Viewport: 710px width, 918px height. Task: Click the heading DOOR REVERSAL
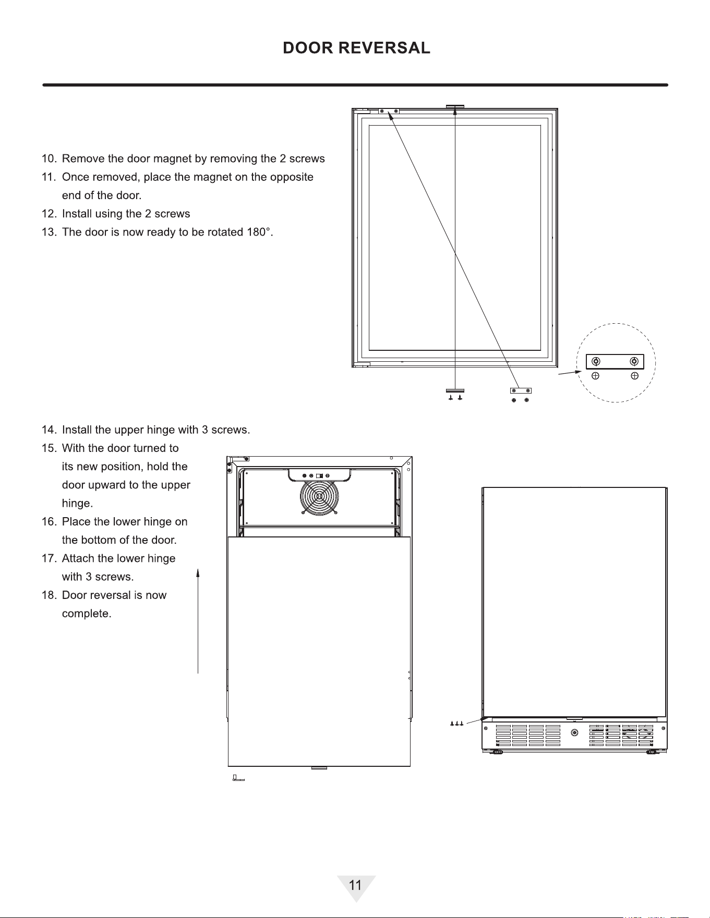click(356, 48)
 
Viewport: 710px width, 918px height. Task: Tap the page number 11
click(355, 885)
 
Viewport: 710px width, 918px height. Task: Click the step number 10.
click(49, 158)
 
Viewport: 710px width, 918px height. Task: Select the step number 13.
click(49, 232)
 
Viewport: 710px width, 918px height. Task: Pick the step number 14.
click(49, 430)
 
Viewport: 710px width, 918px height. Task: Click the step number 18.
click(49, 595)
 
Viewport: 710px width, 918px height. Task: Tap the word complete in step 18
click(87, 614)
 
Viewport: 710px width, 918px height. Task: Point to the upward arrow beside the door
click(198, 621)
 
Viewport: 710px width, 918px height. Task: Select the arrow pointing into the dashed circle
click(570, 373)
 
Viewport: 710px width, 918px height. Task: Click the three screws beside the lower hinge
click(456, 724)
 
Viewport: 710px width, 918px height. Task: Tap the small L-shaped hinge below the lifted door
click(238, 778)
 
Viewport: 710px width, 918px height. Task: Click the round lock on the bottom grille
click(574, 732)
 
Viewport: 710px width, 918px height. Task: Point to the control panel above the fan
click(319, 475)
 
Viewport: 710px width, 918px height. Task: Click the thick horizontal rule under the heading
click(355, 84)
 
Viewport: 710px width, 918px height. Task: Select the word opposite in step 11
click(292, 177)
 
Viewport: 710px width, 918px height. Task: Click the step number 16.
click(49, 522)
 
